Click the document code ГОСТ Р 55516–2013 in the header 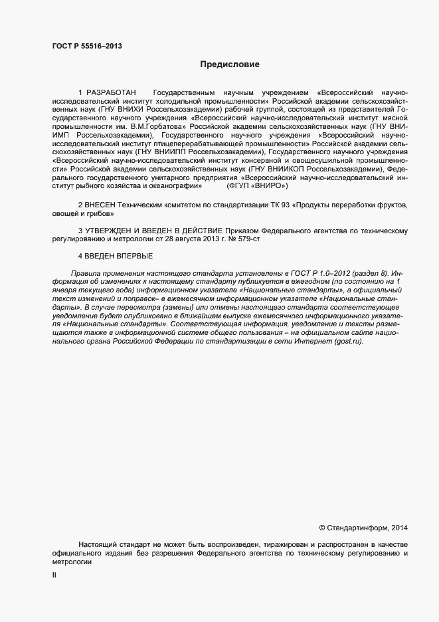[x=87, y=47]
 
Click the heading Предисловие [x=230, y=65]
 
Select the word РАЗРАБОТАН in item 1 [x=112, y=91]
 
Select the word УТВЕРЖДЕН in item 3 [x=112, y=231]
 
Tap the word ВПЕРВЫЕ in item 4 [x=134, y=256]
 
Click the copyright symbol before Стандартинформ [x=322, y=528]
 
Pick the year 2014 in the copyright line [x=400, y=528]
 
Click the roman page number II [x=54, y=576]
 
